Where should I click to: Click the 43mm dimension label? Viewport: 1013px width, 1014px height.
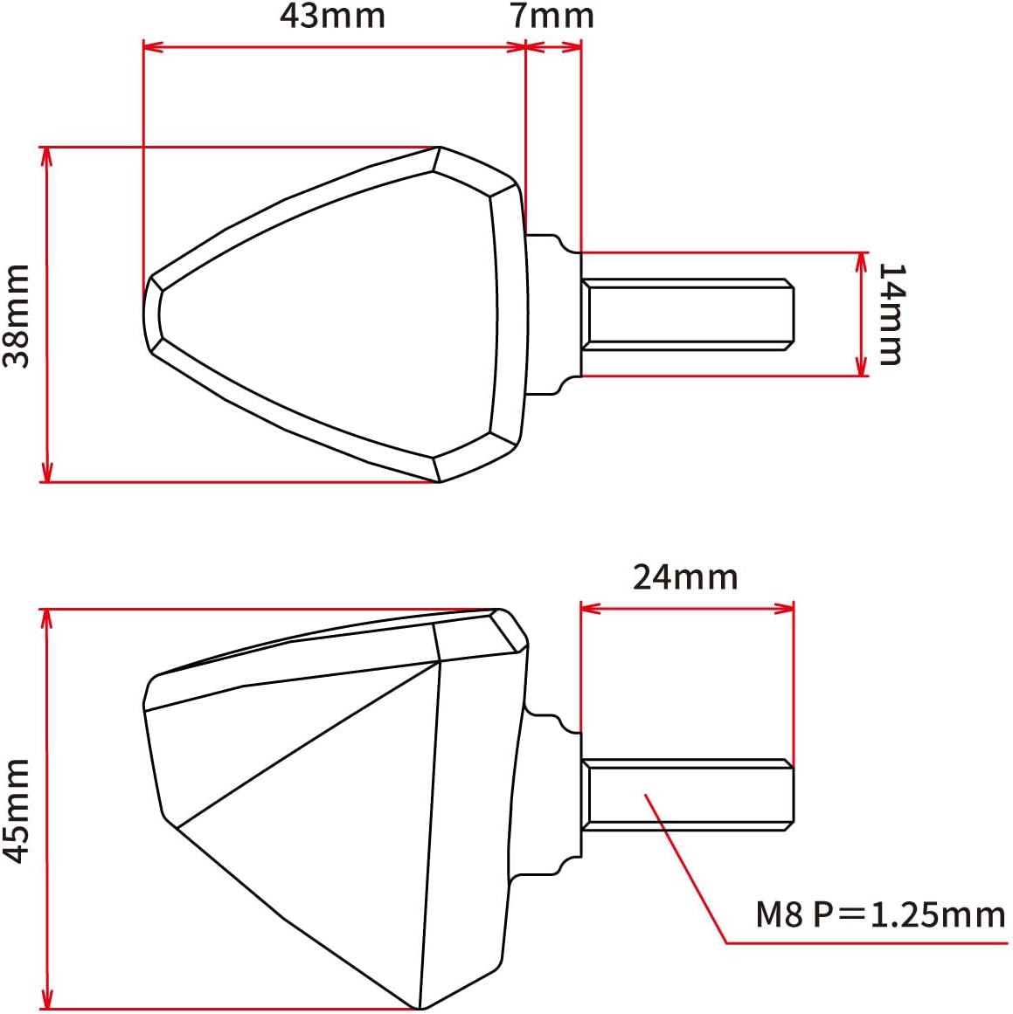(332, 17)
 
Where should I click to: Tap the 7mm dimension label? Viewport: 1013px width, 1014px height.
(552, 17)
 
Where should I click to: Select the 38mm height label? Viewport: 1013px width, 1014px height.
(17, 315)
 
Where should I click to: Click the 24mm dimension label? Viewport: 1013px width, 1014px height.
(685, 576)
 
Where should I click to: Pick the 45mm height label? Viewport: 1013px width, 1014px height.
(17, 811)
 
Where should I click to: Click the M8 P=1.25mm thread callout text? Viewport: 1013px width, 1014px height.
(880, 914)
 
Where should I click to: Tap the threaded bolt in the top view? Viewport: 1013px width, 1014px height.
(687, 315)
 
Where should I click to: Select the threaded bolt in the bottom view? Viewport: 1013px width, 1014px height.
(687, 795)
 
